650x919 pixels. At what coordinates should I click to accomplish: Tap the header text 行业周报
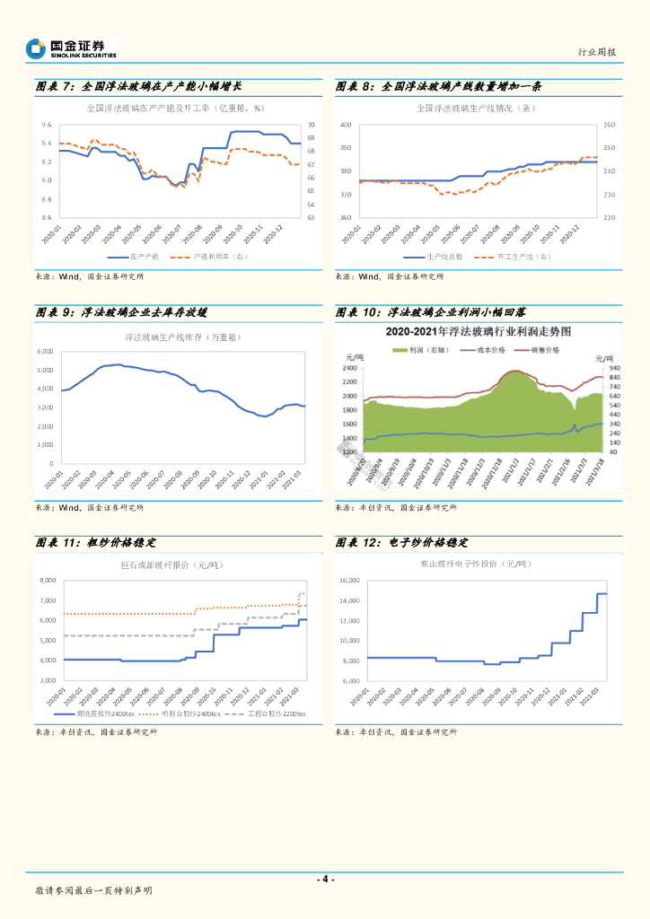click(x=596, y=52)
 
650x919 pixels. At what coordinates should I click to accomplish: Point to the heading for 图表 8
click(x=438, y=87)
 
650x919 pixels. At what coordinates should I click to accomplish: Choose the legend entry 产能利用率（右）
click(x=220, y=256)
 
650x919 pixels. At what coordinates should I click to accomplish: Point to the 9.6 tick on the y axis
click(x=46, y=125)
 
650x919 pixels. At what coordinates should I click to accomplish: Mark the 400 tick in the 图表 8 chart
click(x=346, y=125)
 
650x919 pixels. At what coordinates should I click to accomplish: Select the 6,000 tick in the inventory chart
click(x=45, y=351)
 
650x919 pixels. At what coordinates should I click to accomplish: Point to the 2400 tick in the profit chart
click(x=350, y=368)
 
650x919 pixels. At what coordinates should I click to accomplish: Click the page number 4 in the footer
click(x=325, y=879)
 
